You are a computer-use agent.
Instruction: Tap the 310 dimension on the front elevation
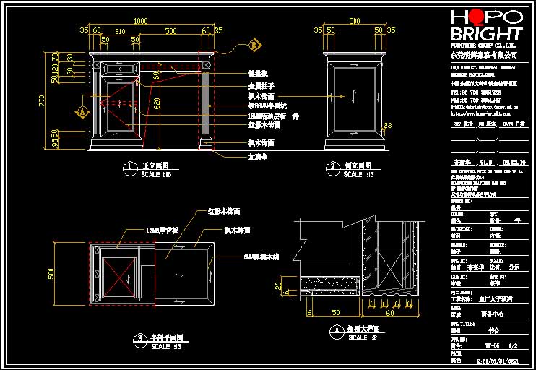click(120, 31)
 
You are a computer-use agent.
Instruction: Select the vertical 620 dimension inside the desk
click(157, 103)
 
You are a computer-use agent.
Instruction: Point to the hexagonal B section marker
click(254, 46)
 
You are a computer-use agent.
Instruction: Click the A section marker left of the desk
click(82, 112)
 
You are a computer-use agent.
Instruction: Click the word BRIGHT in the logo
click(485, 36)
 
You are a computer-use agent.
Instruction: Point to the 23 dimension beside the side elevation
click(387, 126)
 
